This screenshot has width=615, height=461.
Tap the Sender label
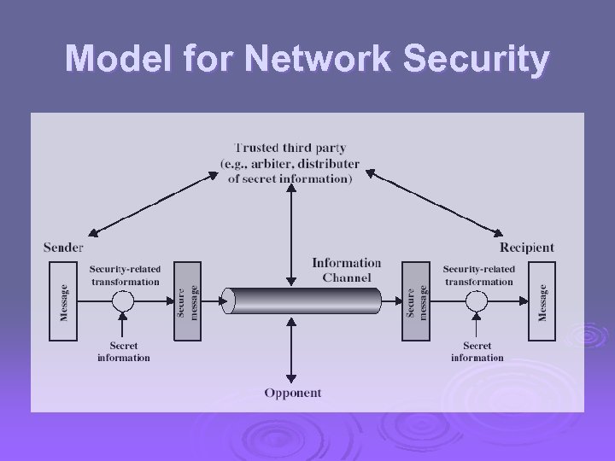[63, 248]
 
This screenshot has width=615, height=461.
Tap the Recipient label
[526, 248]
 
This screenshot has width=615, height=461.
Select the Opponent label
[292, 393]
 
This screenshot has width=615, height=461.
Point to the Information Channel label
[346, 269]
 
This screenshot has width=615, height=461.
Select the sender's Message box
[63, 301]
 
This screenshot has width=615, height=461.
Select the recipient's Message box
[541, 301]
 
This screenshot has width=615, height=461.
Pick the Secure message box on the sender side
[187, 301]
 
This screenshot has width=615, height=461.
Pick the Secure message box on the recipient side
[416, 301]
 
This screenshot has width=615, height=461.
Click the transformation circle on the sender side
[124, 301]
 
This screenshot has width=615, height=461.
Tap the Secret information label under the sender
[124, 352]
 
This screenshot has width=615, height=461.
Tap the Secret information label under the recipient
[477, 352]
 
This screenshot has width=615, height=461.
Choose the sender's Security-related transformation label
[125, 275]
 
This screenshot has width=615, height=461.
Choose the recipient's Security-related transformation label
[478, 275]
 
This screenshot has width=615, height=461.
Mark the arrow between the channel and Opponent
[292, 350]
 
